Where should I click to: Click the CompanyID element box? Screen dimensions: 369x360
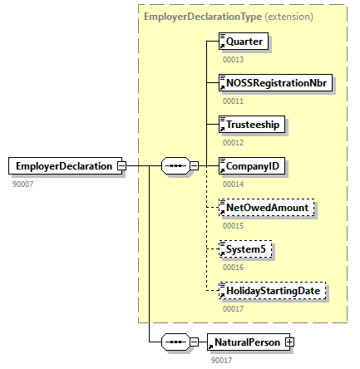[252, 165]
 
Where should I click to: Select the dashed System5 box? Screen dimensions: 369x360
[245, 248]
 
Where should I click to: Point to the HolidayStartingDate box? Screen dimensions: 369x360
[273, 292]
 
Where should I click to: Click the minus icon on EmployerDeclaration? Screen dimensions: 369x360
[121, 165]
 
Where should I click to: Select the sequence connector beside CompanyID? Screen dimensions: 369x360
[175, 165]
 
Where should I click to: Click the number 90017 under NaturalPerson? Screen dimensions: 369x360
[221, 359]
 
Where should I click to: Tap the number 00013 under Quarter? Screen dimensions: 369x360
[233, 58]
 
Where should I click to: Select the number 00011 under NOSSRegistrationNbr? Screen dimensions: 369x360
[233, 100]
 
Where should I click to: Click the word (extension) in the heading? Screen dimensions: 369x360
[289, 16]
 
